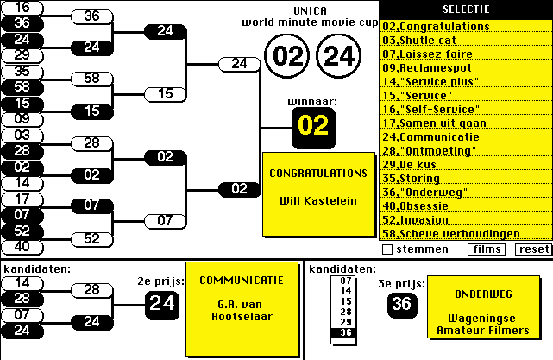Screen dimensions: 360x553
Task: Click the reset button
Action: pyautogui.click(x=533, y=249)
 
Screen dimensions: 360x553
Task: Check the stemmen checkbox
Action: pyautogui.click(x=387, y=249)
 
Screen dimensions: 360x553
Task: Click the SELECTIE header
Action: pyautogui.click(x=466, y=9)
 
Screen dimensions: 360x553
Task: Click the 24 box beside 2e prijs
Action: pyautogui.click(x=161, y=302)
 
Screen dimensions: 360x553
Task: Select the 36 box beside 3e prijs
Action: pyautogui.click(x=400, y=303)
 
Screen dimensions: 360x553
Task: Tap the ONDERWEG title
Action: pyautogui.click(x=476, y=294)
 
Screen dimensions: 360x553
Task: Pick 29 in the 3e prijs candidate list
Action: pyautogui.click(x=346, y=321)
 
